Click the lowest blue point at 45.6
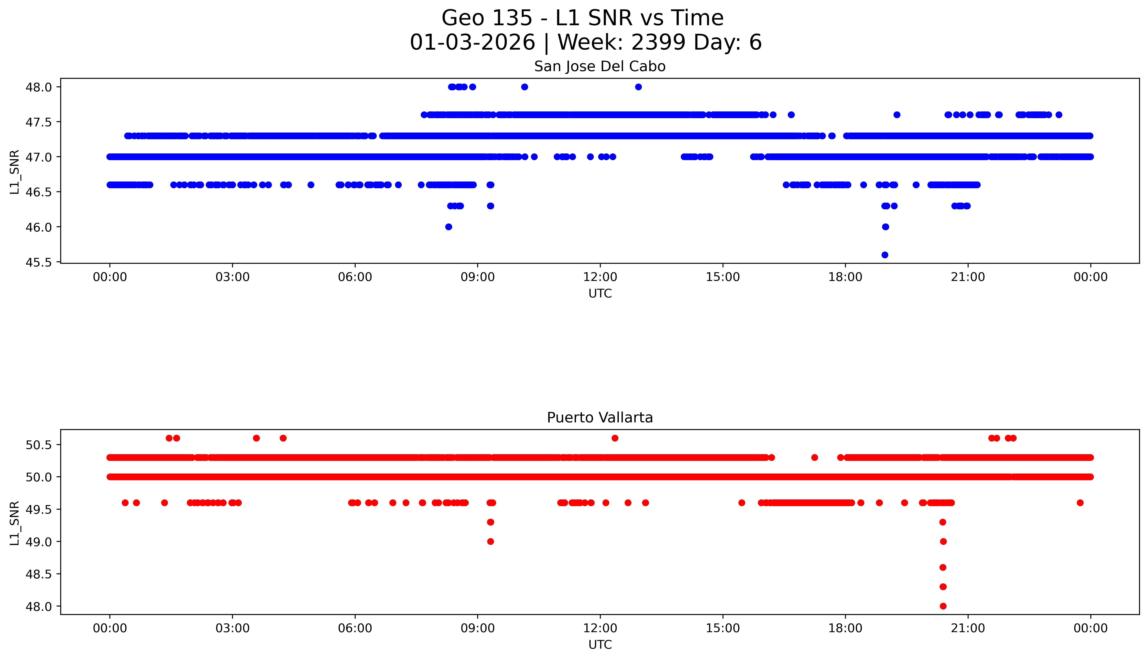pos(885,255)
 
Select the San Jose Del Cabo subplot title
pos(600,67)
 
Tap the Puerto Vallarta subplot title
pos(600,418)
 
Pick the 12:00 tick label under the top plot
pos(600,277)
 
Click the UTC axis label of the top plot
pos(600,294)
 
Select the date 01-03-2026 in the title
pos(472,43)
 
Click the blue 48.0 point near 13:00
pos(638,87)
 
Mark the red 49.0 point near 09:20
pos(490,542)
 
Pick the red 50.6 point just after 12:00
pos(615,438)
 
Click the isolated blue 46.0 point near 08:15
pos(448,227)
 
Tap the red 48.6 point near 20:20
pos(943,568)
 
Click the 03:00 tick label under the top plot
pos(233,277)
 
